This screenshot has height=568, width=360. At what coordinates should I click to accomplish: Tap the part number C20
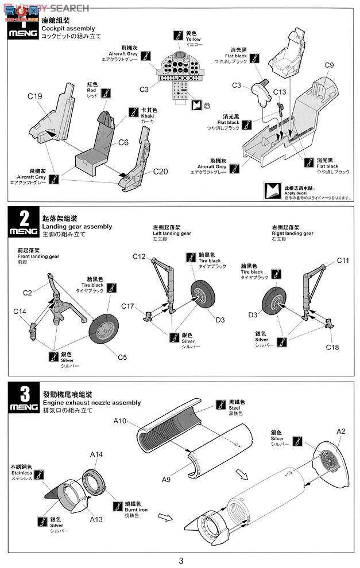(x=162, y=171)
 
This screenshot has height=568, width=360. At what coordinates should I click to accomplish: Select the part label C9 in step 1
(x=329, y=65)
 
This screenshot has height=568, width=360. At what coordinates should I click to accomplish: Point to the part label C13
(x=280, y=92)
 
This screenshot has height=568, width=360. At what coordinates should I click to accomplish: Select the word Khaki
(x=148, y=116)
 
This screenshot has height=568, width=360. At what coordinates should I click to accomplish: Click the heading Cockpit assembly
(x=68, y=29)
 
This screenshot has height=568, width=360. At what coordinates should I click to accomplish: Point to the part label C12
(x=140, y=256)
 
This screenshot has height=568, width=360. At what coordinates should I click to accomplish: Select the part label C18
(x=332, y=347)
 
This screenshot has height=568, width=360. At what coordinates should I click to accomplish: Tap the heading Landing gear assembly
(x=78, y=227)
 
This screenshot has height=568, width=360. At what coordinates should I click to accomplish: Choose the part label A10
(x=119, y=421)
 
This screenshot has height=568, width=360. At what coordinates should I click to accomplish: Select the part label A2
(x=341, y=431)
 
